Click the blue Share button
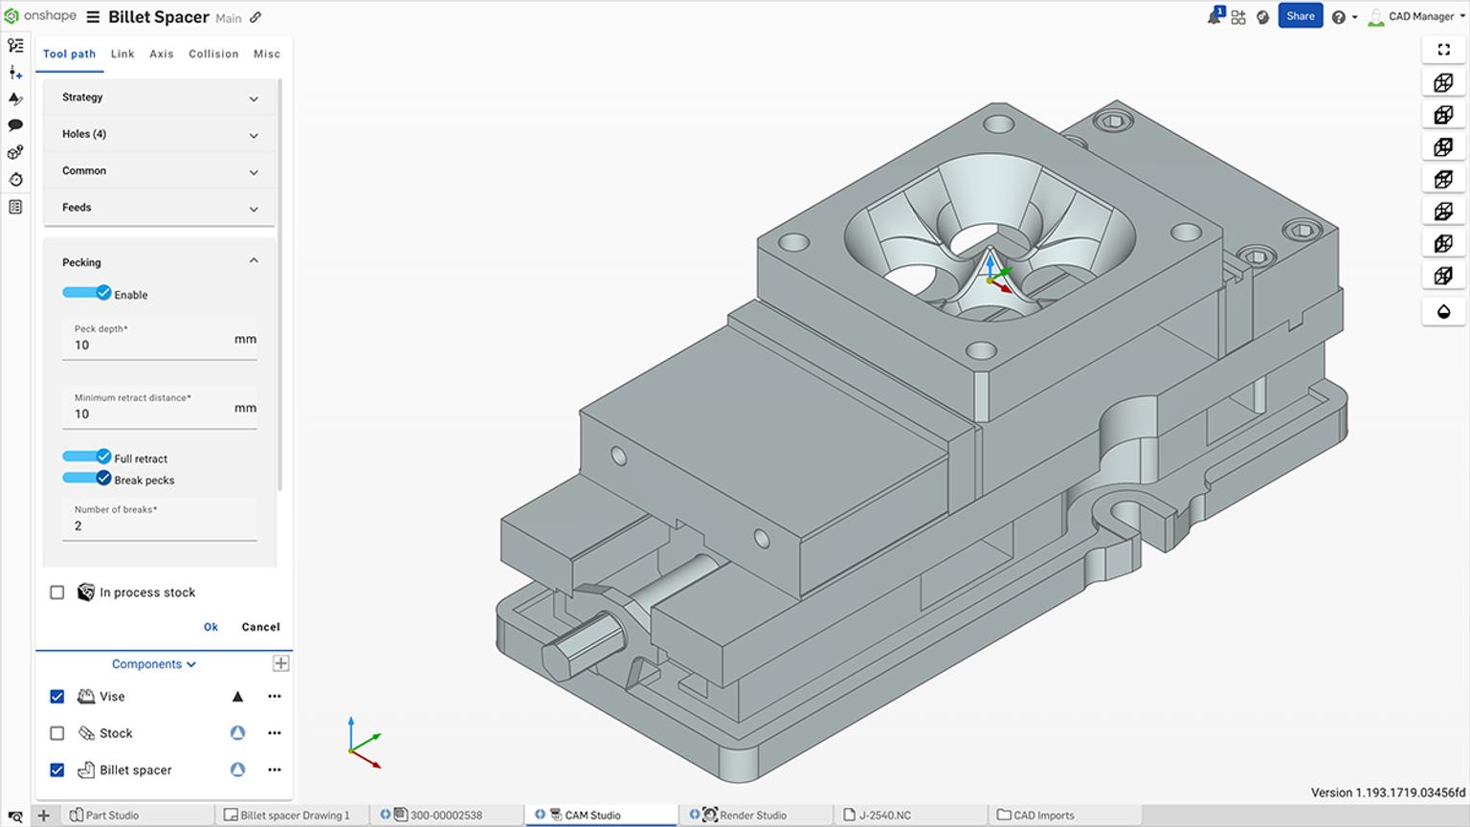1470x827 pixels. pos(1300,16)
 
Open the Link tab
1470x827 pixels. pos(122,55)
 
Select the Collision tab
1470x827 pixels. pos(213,55)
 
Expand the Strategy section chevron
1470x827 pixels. pos(254,99)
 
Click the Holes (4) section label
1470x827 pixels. pos(84,134)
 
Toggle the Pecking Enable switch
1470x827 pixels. pos(87,294)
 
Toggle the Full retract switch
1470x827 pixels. pos(87,458)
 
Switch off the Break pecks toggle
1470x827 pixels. pos(87,479)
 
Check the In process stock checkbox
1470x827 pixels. pos(57,592)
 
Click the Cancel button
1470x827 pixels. pos(260,627)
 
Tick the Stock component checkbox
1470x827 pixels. pos(57,733)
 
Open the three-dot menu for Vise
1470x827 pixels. pos(275,697)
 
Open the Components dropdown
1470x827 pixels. pos(153,664)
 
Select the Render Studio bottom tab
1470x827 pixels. pos(752,816)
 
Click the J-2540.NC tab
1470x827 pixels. pos(884,816)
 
